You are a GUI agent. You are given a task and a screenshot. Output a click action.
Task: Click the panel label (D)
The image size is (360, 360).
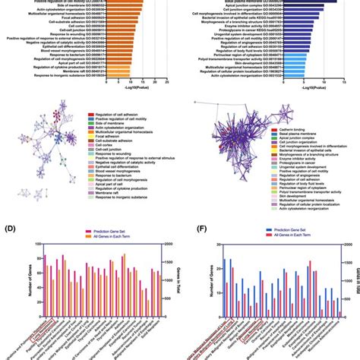(10, 226)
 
